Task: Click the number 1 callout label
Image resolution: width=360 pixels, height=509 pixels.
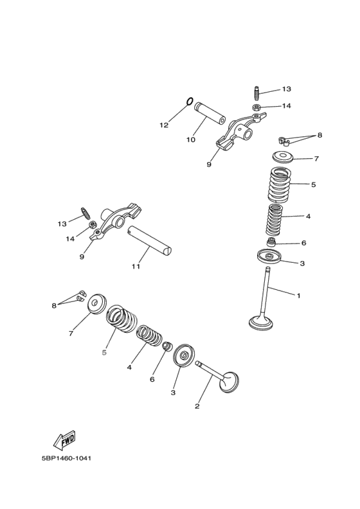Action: pos(298,296)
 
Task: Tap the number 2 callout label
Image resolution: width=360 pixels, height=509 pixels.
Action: pos(197,406)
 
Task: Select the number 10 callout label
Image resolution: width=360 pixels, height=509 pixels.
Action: pos(191,139)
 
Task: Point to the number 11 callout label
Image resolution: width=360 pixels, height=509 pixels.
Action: pos(136,267)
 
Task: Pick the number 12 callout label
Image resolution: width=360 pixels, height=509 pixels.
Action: pos(164,125)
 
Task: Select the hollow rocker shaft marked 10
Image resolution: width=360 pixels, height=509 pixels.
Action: pos(210,113)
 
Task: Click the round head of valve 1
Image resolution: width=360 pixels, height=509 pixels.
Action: pos(261,323)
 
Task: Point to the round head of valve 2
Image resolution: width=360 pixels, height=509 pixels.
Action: pos(230,382)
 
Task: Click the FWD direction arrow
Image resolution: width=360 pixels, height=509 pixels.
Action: pos(64,440)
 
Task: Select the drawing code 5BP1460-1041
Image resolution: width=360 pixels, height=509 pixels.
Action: pos(66,459)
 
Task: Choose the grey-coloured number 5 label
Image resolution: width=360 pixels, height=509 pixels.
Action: pos(104,353)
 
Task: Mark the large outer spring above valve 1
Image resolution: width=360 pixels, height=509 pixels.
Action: pos(280,184)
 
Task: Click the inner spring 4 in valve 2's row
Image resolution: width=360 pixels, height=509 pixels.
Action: pos(149,335)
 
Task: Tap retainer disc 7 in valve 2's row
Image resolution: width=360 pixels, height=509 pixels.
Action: pos(97,303)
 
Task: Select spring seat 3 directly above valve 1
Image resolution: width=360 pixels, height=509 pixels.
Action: pos(269,256)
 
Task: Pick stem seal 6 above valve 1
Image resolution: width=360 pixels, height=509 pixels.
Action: pos(271,242)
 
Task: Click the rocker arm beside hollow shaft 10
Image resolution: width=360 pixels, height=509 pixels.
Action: pos(241,131)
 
